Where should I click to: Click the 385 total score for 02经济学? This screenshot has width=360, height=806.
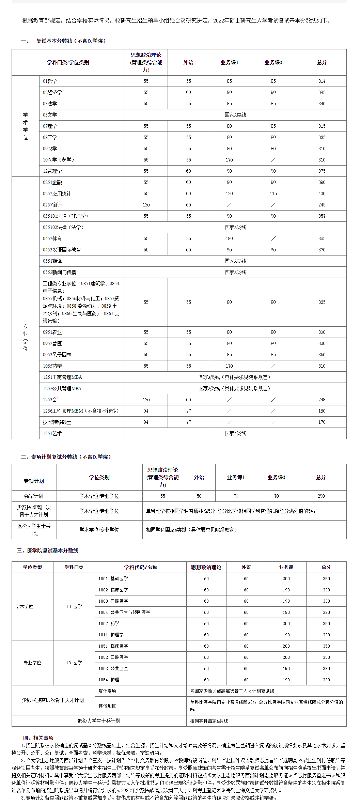pos(322,92)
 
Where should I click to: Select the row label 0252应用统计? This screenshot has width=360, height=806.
pos(57,193)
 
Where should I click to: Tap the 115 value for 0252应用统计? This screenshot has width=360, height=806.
pos(273,193)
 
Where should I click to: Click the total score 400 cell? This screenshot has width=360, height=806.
pos(322,193)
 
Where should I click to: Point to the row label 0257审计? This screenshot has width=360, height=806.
pos(52,205)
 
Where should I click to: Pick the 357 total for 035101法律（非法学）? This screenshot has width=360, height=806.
pos(322,216)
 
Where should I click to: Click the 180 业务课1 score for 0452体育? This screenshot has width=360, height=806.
pos(229,238)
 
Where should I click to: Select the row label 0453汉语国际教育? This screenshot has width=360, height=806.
pos(62,250)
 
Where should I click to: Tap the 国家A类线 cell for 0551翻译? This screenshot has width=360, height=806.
pos(235,261)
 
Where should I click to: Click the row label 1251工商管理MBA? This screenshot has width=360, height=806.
pos(62,377)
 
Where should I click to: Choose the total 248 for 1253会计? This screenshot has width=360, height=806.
pos(322,400)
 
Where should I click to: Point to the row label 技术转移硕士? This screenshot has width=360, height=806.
pos(57,422)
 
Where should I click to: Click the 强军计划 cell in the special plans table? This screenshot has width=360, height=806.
pos(34,496)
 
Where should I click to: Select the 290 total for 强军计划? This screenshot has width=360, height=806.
pos(321,496)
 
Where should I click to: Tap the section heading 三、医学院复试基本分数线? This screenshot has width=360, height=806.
pos(48,551)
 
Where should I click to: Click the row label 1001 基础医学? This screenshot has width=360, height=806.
pos(113,578)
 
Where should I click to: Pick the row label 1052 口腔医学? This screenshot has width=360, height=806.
pos(113,657)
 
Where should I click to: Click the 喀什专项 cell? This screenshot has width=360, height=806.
pos(107,691)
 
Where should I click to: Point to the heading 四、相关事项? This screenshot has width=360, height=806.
pos(38,738)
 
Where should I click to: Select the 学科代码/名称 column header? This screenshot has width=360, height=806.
pos(140,567)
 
